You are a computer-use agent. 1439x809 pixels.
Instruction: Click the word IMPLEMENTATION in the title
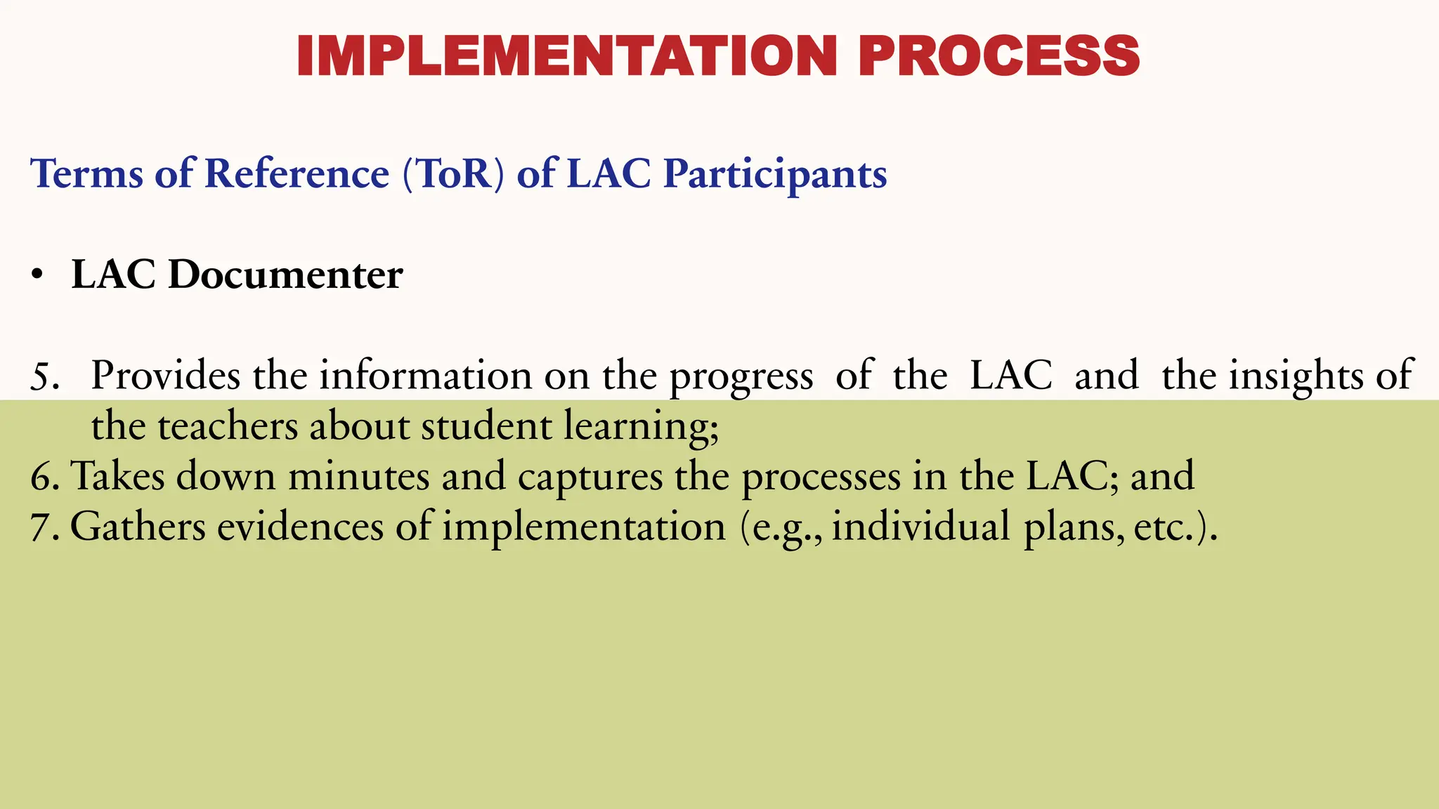click(567, 56)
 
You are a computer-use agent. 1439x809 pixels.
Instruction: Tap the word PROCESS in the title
click(998, 56)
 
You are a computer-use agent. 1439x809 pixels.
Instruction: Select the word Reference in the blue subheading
click(297, 173)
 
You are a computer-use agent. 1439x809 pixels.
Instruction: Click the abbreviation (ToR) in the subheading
click(453, 173)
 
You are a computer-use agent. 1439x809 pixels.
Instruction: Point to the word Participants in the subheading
click(775, 175)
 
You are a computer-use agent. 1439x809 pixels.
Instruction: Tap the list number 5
click(44, 376)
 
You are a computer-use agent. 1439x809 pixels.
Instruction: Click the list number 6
click(44, 477)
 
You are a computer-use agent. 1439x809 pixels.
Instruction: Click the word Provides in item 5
click(166, 375)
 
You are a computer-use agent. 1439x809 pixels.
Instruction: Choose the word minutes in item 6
click(358, 476)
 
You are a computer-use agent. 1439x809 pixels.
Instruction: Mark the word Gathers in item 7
click(138, 527)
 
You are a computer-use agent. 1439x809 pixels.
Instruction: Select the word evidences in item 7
click(300, 527)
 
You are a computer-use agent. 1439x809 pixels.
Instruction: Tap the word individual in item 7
click(920, 527)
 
